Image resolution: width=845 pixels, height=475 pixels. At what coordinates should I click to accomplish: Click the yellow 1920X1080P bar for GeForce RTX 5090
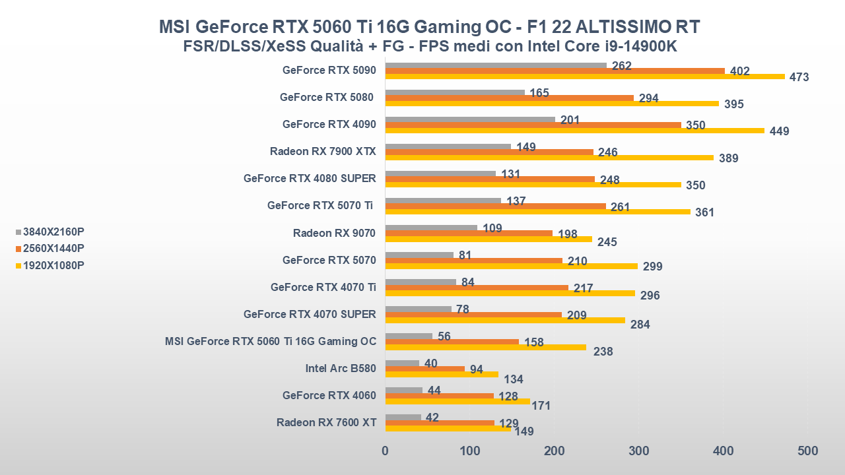tap(584, 77)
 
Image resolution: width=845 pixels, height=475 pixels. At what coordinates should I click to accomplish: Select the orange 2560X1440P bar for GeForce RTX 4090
tap(533, 125)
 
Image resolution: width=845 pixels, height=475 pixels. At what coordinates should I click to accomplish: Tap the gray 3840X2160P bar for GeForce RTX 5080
tap(455, 92)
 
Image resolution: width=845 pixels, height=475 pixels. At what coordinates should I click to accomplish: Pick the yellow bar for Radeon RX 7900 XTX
tap(549, 158)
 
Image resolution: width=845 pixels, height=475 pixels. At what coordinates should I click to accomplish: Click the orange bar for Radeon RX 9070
tap(469, 233)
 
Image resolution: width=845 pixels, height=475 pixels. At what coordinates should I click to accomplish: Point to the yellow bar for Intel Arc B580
tap(442, 374)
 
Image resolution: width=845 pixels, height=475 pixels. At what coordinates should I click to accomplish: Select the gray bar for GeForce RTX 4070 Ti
tap(421, 282)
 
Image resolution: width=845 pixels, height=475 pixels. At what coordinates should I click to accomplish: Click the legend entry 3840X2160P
tap(53, 232)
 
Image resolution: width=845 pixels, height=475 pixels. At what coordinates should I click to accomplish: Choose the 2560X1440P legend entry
tap(53, 248)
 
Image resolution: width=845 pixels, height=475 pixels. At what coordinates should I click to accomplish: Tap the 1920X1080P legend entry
tap(53, 265)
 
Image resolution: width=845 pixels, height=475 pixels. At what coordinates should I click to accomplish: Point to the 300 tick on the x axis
tap(638, 451)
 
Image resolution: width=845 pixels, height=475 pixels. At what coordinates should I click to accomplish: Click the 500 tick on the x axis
tap(807, 451)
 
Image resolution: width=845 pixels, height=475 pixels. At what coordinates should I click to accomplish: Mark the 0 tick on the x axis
tap(386, 451)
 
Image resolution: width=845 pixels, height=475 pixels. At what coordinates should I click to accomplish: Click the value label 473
tap(799, 77)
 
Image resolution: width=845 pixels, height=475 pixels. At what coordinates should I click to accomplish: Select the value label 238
tap(603, 352)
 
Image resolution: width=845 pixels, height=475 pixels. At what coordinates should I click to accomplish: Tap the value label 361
tap(704, 212)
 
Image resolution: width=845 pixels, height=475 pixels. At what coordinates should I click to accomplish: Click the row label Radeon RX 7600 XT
tap(326, 422)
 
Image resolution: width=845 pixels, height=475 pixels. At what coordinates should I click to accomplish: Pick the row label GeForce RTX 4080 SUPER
tap(310, 178)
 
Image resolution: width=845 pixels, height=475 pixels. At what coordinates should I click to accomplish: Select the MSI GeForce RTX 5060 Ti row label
tap(271, 341)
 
